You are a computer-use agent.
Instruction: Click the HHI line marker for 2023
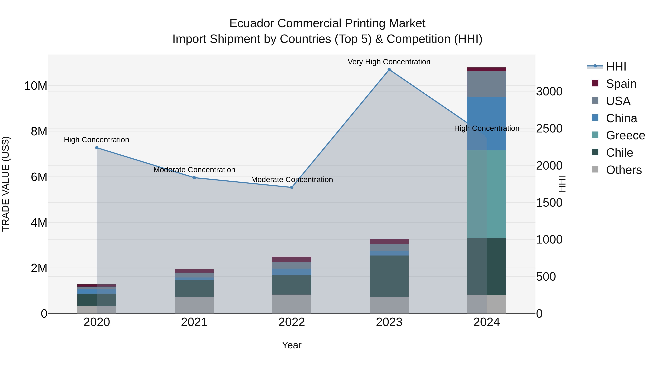[x=389, y=70]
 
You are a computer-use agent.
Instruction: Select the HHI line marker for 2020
[x=97, y=148]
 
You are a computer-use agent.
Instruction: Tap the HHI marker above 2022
[x=292, y=187]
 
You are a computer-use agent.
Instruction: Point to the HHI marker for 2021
[x=194, y=178]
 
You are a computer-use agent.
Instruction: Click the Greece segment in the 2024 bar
[x=487, y=194]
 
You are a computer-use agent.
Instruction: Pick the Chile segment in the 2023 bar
[x=389, y=276]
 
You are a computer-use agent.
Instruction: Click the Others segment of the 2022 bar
[x=292, y=304]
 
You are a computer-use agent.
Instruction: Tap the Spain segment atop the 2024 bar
[x=487, y=69]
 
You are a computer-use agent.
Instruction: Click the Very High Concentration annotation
[x=389, y=62]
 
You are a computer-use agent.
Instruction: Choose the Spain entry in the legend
[x=621, y=84]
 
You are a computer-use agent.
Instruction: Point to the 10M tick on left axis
[x=36, y=86]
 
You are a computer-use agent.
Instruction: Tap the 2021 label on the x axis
[x=194, y=322]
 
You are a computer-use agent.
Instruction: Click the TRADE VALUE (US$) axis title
[x=6, y=184]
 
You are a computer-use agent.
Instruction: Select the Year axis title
[x=292, y=345]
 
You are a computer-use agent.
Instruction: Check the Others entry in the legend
[x=624, y=170]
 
